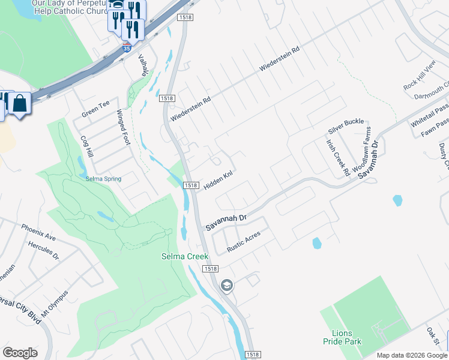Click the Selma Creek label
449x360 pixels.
click(x=185, y=256)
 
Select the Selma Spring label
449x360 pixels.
click(x=103, y=179)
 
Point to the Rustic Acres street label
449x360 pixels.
click(x=244, y=241)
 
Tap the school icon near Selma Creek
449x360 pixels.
click(x=226, y=284)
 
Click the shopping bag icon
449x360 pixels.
click(x=19, y=103)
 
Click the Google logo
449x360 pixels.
click(x=20, y=353)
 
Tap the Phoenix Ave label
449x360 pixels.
click(x=38, y=232)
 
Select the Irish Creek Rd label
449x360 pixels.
click(x=338, y=158)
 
